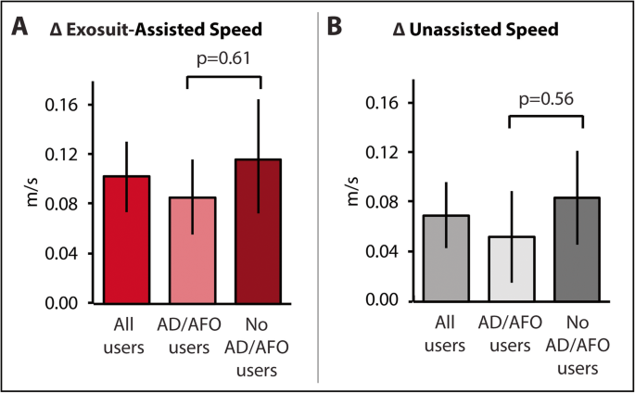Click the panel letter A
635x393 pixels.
(19, 28)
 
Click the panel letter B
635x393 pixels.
(337, 28)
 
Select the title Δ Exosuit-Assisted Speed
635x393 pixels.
(156, 30)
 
